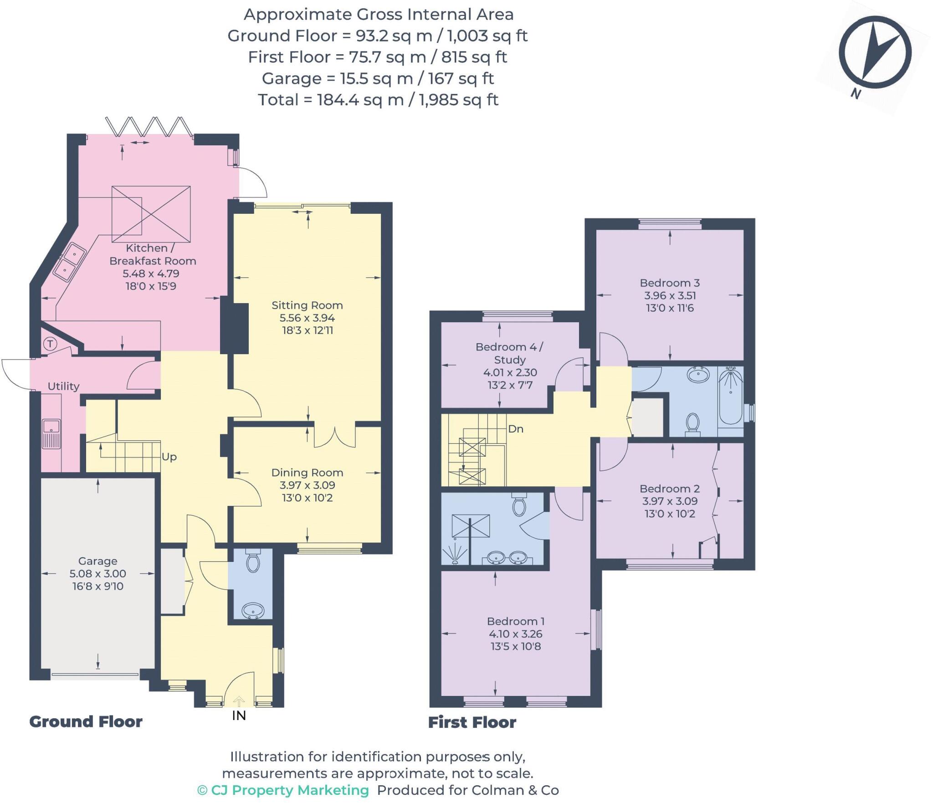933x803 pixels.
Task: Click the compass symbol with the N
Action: coord(875,52)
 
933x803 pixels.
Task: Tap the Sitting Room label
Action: coord(307,305)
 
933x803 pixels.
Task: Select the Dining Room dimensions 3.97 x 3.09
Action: coord(307,485)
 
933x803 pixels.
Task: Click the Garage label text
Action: coord(97,561)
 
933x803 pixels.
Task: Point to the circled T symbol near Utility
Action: coord(50,344)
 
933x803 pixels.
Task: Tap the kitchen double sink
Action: coord(70,262)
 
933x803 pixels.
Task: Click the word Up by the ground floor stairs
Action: coord(169,457)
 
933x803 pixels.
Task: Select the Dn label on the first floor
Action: coord(516,429)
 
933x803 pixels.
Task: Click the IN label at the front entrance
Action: coord(239,715)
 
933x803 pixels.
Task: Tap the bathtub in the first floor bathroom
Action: coord(730,396)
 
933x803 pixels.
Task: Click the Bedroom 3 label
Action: coord(670,283)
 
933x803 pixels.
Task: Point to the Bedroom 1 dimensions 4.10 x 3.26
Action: coord(516,634)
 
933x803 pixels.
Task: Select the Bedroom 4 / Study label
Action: coord(509,353)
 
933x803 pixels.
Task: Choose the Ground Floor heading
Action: coord(86,722)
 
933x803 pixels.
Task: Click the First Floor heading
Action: coord(472,722)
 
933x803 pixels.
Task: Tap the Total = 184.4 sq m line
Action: coord(378,100)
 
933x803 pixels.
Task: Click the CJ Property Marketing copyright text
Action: coord(283,790)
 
